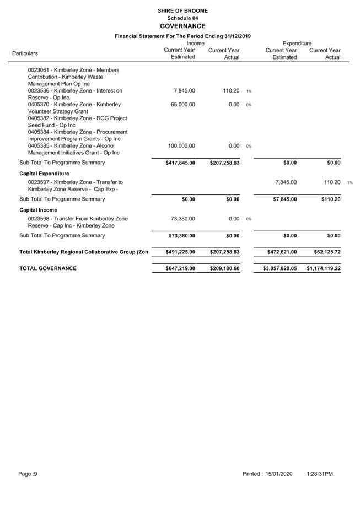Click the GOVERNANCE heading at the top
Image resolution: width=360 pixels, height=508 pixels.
click(x=182, y=26)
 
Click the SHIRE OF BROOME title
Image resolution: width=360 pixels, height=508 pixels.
click(x=182, y=10)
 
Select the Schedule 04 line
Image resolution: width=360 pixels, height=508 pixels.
click(x=182, y=18)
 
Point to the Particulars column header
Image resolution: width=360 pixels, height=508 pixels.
click(x=25, y=53)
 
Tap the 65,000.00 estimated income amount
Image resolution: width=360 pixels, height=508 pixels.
click(x=181, y=104)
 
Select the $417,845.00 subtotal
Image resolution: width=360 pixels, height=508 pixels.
click(x=180, y=163)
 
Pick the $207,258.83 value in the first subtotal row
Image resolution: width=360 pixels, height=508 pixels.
click(x=224, y=163)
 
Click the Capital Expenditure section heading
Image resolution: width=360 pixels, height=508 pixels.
click(x=44, y=174)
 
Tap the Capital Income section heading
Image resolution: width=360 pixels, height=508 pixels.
click(x=39, y=210)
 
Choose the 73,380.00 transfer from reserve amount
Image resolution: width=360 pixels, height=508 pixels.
click(x=182, y=219)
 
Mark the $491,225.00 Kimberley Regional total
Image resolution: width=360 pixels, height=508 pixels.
click(x=180, y=252)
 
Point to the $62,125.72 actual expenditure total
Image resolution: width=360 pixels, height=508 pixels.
click(x=326, y=252)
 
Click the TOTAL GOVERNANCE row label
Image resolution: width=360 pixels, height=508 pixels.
click(x=48, y=268)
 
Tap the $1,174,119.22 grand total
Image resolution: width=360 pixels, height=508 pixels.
click(x=324, y=269)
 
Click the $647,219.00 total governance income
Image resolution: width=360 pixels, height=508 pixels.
click(x=180, y=269)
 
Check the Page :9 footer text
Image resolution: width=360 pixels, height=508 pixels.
click(x=28, y=474)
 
